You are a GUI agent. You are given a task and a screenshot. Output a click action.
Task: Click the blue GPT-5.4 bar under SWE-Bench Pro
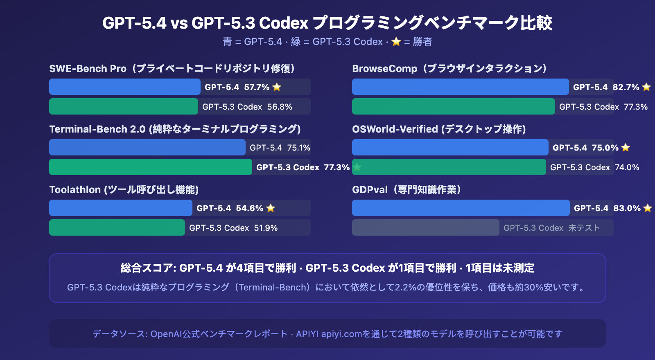click(124, 87)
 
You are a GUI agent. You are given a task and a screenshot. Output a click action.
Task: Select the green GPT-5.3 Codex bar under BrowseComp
click(453, 106)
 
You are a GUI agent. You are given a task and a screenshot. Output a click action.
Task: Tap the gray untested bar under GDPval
click(425, 227)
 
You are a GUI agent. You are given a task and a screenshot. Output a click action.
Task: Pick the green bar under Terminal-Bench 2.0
click(150, 167)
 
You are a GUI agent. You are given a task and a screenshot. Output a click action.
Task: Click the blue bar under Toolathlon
click(120, 208)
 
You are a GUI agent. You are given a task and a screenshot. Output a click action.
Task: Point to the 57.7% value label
click(257, 87)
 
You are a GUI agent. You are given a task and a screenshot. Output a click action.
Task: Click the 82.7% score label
click(626, 87)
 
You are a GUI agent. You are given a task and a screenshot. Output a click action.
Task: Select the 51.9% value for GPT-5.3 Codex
click(266, 228)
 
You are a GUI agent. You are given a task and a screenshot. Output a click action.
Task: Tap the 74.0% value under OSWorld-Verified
click(627, 167)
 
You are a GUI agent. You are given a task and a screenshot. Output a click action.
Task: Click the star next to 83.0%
click(647, 208)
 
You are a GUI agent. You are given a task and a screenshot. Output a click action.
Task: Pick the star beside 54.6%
click(271, 208)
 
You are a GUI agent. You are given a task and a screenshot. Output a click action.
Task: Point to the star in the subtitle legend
click(396, 42)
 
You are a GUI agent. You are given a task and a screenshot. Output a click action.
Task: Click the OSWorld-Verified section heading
click(438, 129)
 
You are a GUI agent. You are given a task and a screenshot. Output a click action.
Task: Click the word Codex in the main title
click(283, 23)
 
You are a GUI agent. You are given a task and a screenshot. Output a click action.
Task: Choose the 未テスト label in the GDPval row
click(584, 228)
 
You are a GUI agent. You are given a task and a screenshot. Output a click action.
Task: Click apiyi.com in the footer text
click(341, 334)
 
